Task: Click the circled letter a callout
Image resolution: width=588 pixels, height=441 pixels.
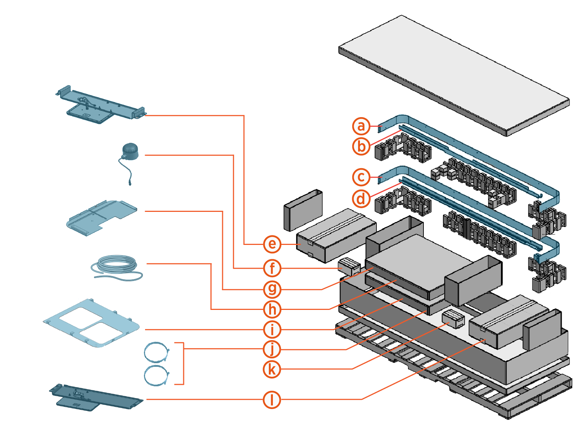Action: [361, 126]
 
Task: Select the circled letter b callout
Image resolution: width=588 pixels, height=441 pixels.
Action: [361, 146]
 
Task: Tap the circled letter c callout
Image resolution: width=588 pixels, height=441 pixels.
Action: [361, 177]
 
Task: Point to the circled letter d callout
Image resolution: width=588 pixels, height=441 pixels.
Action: [361, 199]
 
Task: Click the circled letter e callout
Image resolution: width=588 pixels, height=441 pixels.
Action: [272, 244]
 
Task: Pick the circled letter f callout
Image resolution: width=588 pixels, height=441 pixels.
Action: [272, 268]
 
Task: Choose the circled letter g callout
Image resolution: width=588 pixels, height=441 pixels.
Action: [272, 289]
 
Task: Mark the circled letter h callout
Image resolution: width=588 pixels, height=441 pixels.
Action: [272, 310]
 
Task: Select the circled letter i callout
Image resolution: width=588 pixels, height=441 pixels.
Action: [272, 329]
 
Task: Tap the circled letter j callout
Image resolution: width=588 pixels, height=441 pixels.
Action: [272, 349]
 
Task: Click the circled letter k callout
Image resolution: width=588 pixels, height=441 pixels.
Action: [272, 369]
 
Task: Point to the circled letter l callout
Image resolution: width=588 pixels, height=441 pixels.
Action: [272, 400]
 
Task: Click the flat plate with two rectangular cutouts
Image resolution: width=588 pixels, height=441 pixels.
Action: [92, 323]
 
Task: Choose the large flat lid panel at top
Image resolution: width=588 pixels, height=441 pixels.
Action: [454, 75]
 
